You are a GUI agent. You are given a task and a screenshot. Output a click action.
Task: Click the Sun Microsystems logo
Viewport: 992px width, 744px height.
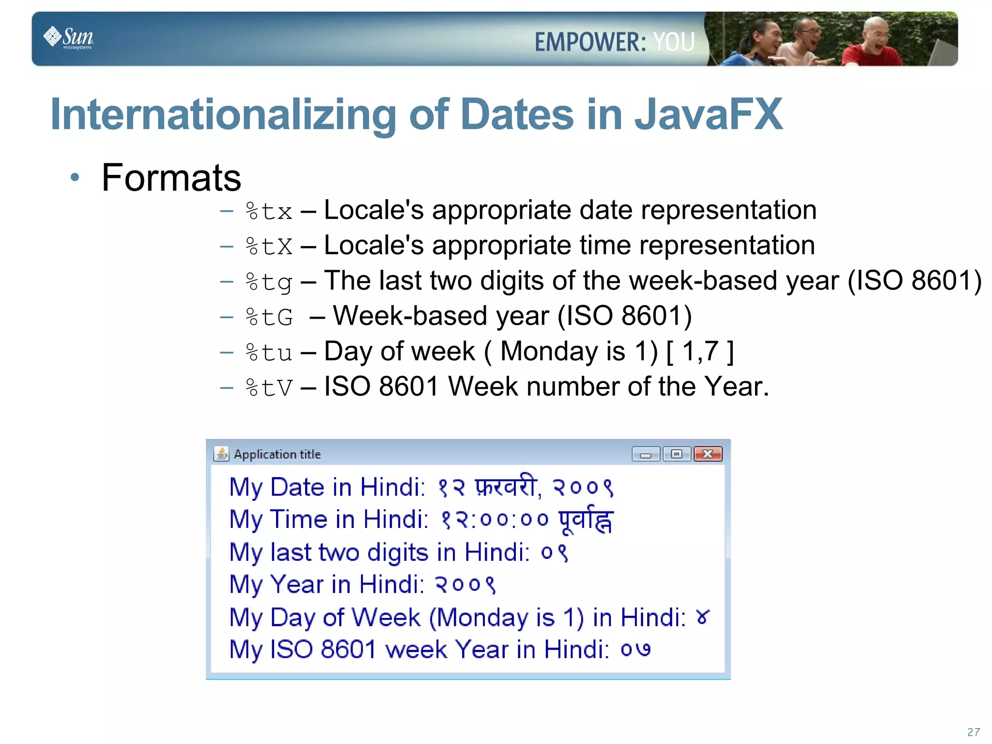[x=69, y=37]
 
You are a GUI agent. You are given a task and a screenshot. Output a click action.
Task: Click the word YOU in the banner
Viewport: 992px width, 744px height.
[x=674, y=42]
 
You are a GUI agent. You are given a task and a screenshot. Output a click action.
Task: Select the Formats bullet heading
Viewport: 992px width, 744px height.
[x=171, y=178]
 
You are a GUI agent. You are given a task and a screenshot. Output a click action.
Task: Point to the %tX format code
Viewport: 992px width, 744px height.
[x=269, y=247]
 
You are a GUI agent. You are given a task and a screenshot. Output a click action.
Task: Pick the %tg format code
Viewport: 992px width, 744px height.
[x=269, y=282]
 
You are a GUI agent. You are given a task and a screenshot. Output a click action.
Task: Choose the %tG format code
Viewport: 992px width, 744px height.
[x=269, y=317]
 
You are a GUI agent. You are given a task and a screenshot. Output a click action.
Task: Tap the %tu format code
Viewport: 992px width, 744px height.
[x=269, y=353]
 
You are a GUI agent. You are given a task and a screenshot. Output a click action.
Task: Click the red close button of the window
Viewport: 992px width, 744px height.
[x=708, y=454]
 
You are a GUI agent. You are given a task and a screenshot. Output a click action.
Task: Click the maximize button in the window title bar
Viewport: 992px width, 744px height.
[x=677, y=454]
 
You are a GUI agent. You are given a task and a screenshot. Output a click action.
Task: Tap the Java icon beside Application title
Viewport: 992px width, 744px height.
[x=221, y=454]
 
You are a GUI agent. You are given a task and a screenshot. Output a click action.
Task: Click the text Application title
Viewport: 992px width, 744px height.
[x=277, y=454]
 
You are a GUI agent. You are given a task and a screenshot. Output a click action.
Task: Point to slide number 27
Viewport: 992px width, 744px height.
[x=973, y=732]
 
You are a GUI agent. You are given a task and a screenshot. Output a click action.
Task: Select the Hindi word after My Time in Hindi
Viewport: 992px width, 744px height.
[x=586, y=521]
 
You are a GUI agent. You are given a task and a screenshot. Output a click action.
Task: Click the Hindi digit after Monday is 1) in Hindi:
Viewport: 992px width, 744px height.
[x=702, y=618]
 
